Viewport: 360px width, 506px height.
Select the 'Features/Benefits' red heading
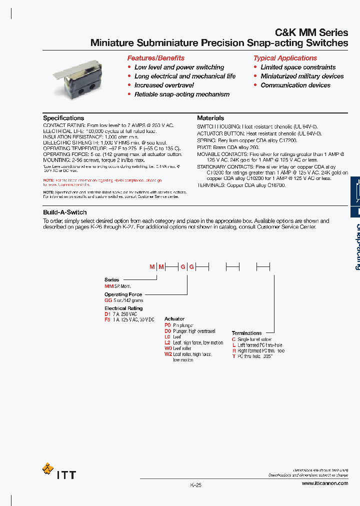point(155,58)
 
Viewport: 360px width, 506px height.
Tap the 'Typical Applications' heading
point(285,58)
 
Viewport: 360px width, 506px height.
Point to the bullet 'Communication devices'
point(295,85)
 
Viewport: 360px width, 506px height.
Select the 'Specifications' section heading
point(63,118)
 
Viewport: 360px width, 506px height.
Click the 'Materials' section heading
point(210,118)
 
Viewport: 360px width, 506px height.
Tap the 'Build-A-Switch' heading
point(64,212)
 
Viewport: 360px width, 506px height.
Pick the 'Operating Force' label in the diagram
point(123,294)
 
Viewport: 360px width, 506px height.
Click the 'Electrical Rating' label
point(123,308)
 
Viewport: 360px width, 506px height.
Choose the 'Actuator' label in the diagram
point(174,318)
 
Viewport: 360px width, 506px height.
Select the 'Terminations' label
point(246,333)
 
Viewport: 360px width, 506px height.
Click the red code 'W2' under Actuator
point(168,354)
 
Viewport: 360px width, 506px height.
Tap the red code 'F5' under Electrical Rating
point(107,319)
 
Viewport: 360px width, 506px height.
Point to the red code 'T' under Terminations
point(233,356)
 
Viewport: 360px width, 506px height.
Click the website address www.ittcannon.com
point(324,484)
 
